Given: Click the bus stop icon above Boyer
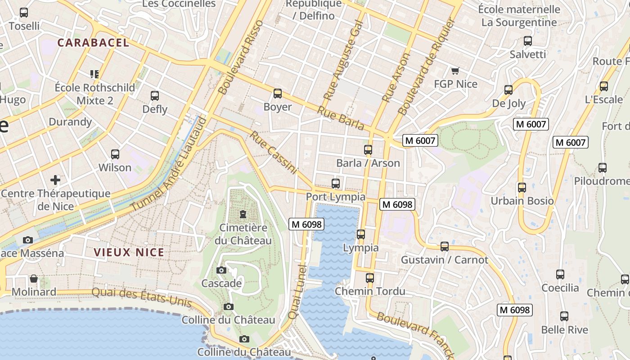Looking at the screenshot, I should pos(278,94).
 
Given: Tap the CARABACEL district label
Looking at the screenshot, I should pos(94,43).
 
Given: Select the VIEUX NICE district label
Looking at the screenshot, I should pos(129,252).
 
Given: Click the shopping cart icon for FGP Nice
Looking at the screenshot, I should pos(455,71).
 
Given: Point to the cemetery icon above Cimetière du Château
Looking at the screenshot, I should pos(243,214).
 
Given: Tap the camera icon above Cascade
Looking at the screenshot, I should pos(221,270).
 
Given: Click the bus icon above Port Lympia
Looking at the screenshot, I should pos(336,183).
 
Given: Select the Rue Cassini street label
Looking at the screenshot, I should pos(274,153).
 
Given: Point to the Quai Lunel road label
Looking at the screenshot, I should pos(297,292).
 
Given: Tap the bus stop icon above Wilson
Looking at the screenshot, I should pos(115,154).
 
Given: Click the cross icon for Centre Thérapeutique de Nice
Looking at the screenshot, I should pos(55,180).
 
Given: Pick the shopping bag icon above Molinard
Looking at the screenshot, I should pos(33,279).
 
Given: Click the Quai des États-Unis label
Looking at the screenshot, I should pos(142,297).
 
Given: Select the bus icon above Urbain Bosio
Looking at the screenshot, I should pos(522,187).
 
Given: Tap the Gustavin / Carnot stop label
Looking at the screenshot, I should pos(444,260).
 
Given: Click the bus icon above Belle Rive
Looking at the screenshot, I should pos(564,316).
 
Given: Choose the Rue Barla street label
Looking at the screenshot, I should pos(340,118).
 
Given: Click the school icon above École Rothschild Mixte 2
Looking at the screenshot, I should pos(94,74).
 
